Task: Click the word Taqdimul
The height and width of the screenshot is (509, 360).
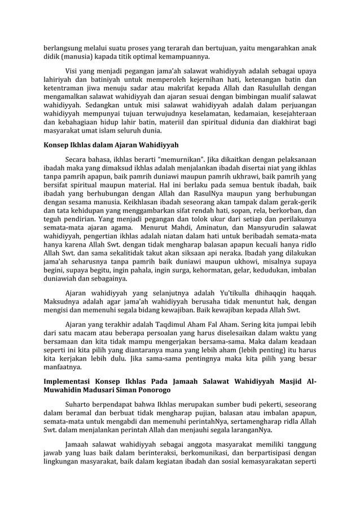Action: (160, 324)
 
